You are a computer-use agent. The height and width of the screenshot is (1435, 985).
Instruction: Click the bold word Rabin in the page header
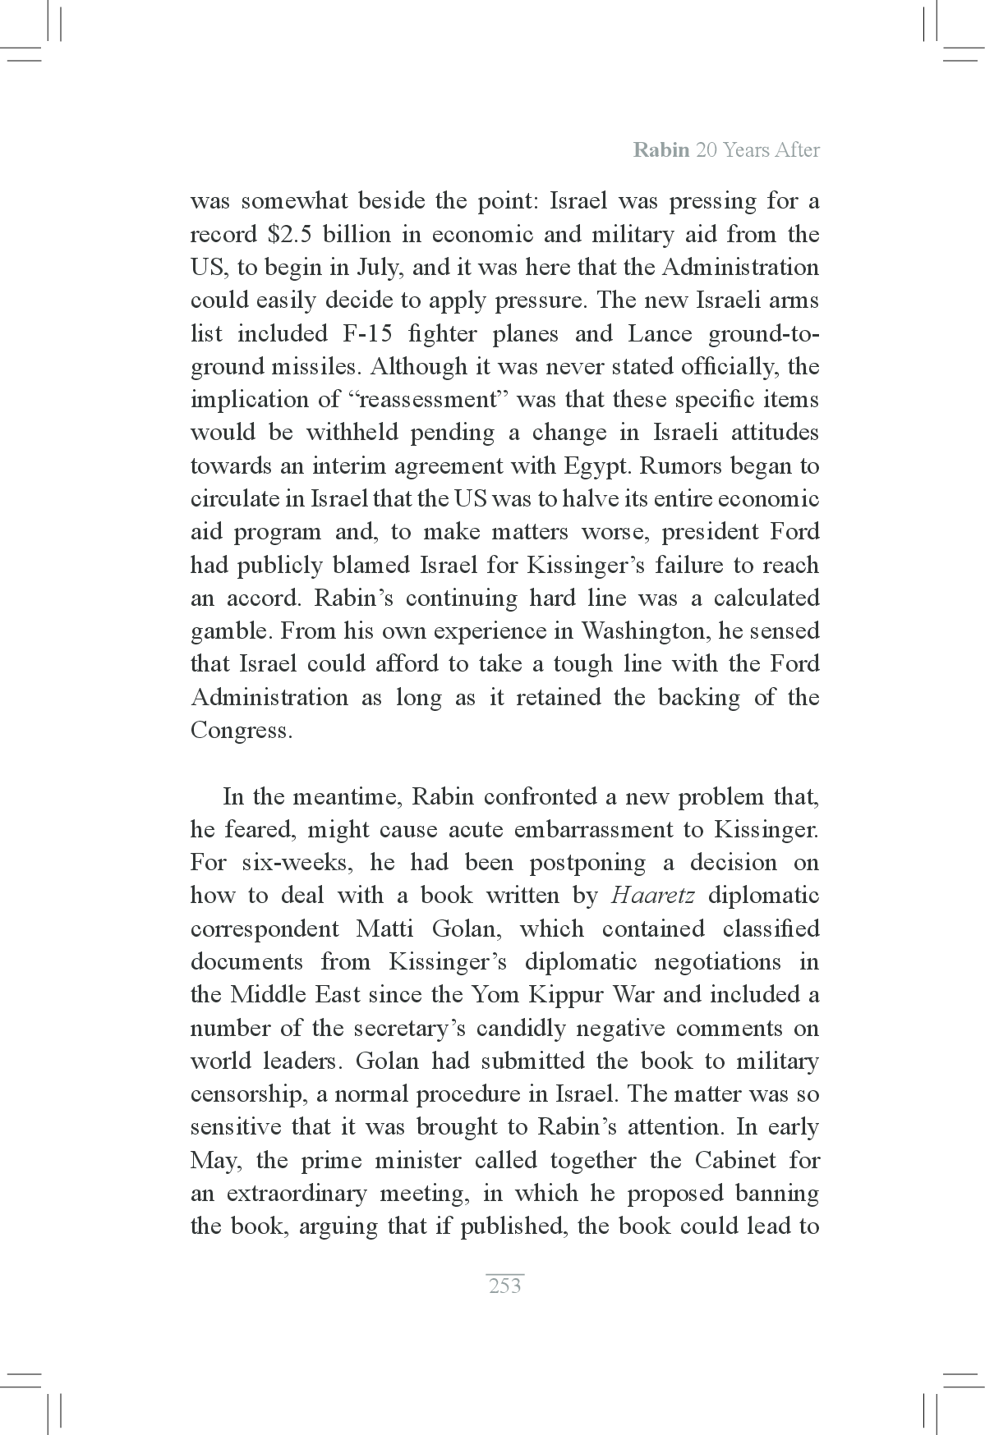point(661,150)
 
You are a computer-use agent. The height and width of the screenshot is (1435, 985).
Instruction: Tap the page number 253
point(504,1286)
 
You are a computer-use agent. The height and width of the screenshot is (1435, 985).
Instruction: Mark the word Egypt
point(596,466)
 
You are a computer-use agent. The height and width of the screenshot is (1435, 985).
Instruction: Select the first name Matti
point(384,928)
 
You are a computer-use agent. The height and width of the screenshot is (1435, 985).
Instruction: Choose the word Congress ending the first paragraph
point(241,731)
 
